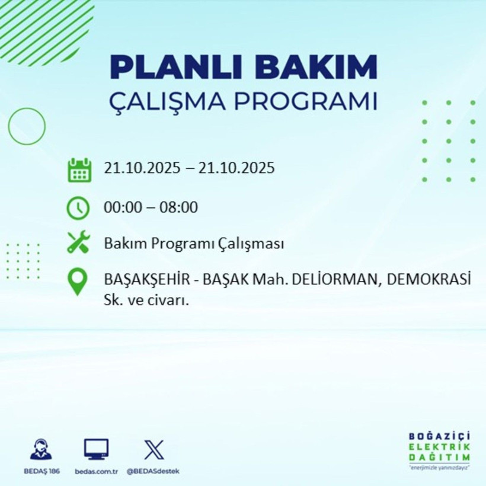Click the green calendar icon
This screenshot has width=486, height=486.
(x=79, y=170)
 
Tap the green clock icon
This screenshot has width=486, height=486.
(x=78, y=207)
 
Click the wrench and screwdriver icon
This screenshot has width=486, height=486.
(x=78, y=243)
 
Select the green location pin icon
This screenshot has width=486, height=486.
(x=78, y=282)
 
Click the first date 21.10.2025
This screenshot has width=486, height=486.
(x=140, y=168)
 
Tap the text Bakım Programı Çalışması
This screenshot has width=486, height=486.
(x=194, y=244)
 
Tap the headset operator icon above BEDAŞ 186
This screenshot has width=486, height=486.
(x=41, y=450)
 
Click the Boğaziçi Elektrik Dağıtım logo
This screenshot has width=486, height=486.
(x=439, y=450)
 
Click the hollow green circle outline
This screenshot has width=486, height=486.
(x=27, y=126)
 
